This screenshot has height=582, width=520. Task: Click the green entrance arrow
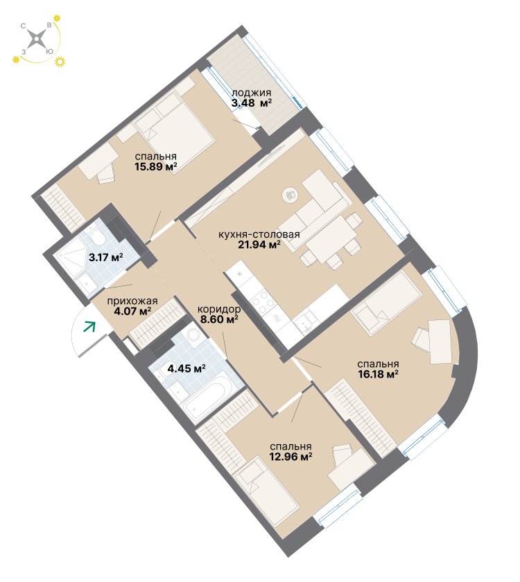tap(89, 326)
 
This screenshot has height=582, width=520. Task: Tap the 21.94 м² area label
tap(259, 244)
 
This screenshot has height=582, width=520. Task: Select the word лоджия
tap(252, 93)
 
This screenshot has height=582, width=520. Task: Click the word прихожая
tap(132, 301)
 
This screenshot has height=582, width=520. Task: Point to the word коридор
tap(219, 309)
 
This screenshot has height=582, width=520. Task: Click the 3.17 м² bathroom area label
tap(106, 257)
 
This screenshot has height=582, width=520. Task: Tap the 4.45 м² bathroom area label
tap(187, 369)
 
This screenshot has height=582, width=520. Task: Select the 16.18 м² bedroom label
tap(378, 373)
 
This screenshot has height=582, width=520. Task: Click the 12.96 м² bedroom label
tap(291, 456)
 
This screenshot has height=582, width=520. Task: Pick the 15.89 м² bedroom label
tap(155, 167)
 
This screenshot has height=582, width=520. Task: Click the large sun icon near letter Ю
tap(60, 62)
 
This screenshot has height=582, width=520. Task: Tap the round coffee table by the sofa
tap(291, 195)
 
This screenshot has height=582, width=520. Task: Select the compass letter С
tap(23, 26)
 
